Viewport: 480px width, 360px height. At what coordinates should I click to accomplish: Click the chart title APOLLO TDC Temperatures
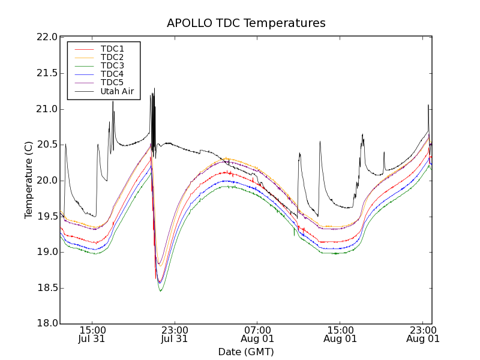click(246, 23)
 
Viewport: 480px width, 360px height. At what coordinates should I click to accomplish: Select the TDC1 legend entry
click(112, 49)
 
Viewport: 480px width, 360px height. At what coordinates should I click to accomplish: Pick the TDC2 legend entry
click(112, 57)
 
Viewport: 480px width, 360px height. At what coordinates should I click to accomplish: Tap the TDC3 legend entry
click(112, 65)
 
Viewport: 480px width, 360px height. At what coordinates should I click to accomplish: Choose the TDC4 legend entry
click(112, 74)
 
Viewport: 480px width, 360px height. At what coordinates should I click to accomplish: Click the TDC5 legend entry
click(112, 82)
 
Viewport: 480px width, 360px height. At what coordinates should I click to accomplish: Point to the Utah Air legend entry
click(116, 92)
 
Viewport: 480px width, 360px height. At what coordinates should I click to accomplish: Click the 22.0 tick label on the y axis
click(46, 37)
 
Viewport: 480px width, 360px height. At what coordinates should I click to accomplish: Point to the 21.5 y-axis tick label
click(46, 73)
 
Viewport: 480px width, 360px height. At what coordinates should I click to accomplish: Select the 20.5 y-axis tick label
click(46, 145)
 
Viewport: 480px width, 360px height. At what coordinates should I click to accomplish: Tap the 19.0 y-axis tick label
click(46, 252)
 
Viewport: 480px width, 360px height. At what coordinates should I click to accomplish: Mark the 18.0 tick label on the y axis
click(46, 323)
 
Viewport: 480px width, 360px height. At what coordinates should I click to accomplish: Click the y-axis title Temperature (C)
click(29, 180)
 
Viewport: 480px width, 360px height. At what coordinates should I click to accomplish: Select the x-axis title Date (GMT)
click(246, 352)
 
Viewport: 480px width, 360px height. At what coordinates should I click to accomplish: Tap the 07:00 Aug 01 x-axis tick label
click(257, 334)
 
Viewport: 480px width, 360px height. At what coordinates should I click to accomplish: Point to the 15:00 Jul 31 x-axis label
click(92, 334)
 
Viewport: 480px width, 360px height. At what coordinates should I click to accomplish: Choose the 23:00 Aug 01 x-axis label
click(423, 334)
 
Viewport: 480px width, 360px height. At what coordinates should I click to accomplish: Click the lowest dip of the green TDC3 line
click(160, 291)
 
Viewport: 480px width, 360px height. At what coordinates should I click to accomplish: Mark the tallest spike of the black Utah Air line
click(154, 88)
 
